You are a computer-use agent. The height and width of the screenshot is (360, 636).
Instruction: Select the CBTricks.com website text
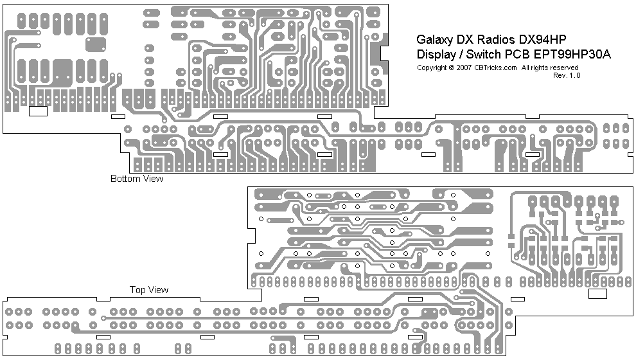pos(495,67)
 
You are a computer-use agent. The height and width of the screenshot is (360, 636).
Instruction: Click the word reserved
pos(563,67)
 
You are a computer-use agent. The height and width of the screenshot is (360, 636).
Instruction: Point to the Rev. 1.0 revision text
pos(566,75)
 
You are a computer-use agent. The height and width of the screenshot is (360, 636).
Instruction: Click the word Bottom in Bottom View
pos(124,179)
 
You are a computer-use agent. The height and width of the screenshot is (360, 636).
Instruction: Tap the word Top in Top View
pos(137,290)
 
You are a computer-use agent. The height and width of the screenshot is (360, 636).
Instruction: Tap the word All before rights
pos(526,67)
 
